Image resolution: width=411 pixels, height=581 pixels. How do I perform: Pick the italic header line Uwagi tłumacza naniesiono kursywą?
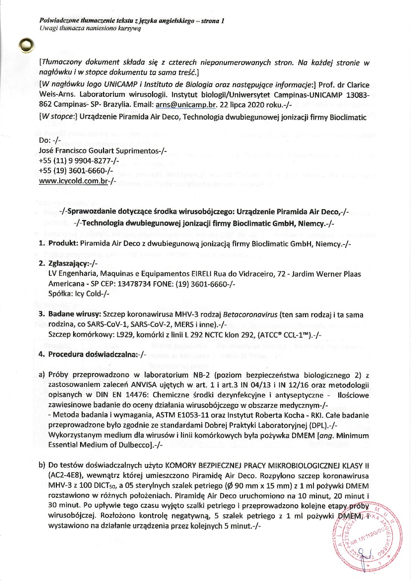coord(90,28)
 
